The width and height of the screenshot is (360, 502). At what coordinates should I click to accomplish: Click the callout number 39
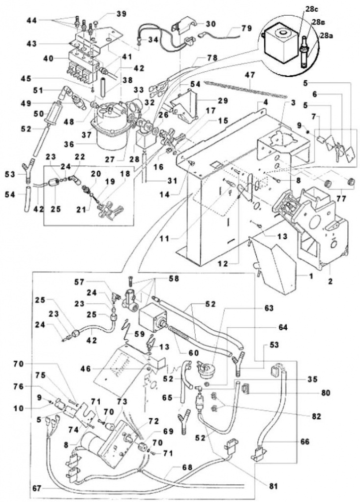[x=121, y=14]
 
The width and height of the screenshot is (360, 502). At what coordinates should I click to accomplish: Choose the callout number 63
[x=269, y=308]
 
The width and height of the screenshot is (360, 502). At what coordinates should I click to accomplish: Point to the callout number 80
[x=324, y=393]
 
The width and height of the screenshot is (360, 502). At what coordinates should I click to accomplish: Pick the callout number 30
[x=210, y=24]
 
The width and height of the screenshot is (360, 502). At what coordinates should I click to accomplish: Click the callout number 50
[x=42, y=114]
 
